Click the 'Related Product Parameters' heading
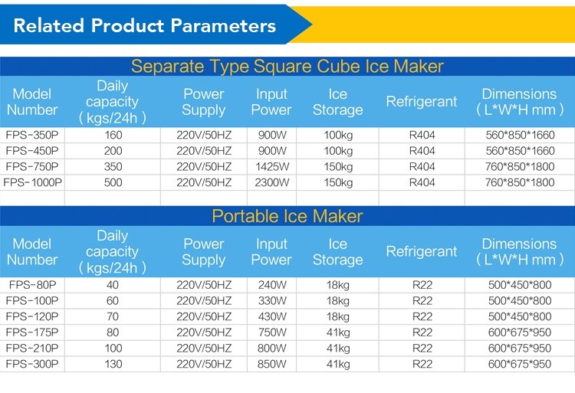pos(144,25)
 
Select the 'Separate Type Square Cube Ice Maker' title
pos(287,67)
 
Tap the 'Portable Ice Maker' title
pos(287,216)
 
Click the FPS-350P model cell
pos(32,135)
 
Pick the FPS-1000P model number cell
pos(32,182)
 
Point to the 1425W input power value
pos(271,167)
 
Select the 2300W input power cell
pos(271,182)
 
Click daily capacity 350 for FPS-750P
pos(113,167)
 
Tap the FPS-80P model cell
pos(32,284)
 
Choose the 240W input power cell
pos(271,284)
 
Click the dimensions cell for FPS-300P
pos(520,364)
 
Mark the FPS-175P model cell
pos(32,332)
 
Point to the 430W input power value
pos(271,316)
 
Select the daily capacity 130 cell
pos(113,364)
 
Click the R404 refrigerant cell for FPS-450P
pos(422,151)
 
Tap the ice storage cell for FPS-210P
pos(338,348)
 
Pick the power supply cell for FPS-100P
pos(204,301)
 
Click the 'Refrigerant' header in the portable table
pos(422,251)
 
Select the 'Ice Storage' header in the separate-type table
pos(338,102)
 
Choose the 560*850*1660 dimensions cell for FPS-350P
pos(520,135)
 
